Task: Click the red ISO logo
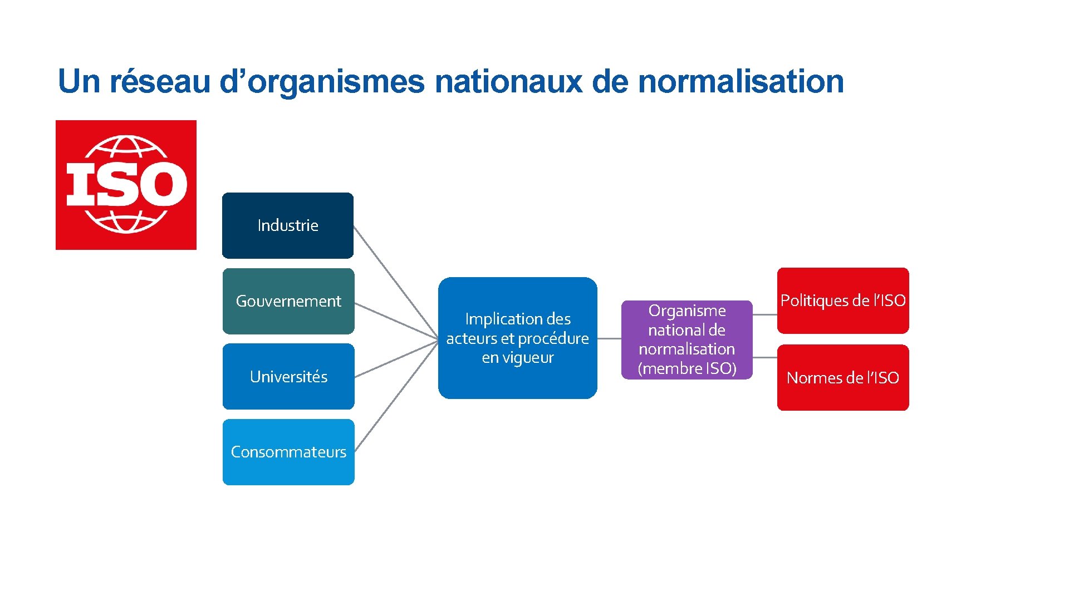[126, 185]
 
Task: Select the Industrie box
[288, 225]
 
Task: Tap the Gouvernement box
[288, 301]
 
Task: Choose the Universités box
[288, 377]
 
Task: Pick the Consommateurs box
[288, 452]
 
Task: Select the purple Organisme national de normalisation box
[686, 339]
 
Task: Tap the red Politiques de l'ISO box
[843, 301]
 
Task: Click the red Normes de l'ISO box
[843, 378]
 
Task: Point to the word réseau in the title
[160, 81]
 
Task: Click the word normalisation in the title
[741, 81]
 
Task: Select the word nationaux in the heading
[508, 81]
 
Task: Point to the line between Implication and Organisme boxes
[609, 338]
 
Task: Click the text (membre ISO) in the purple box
[686, 368]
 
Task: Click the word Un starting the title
[79, 81]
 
